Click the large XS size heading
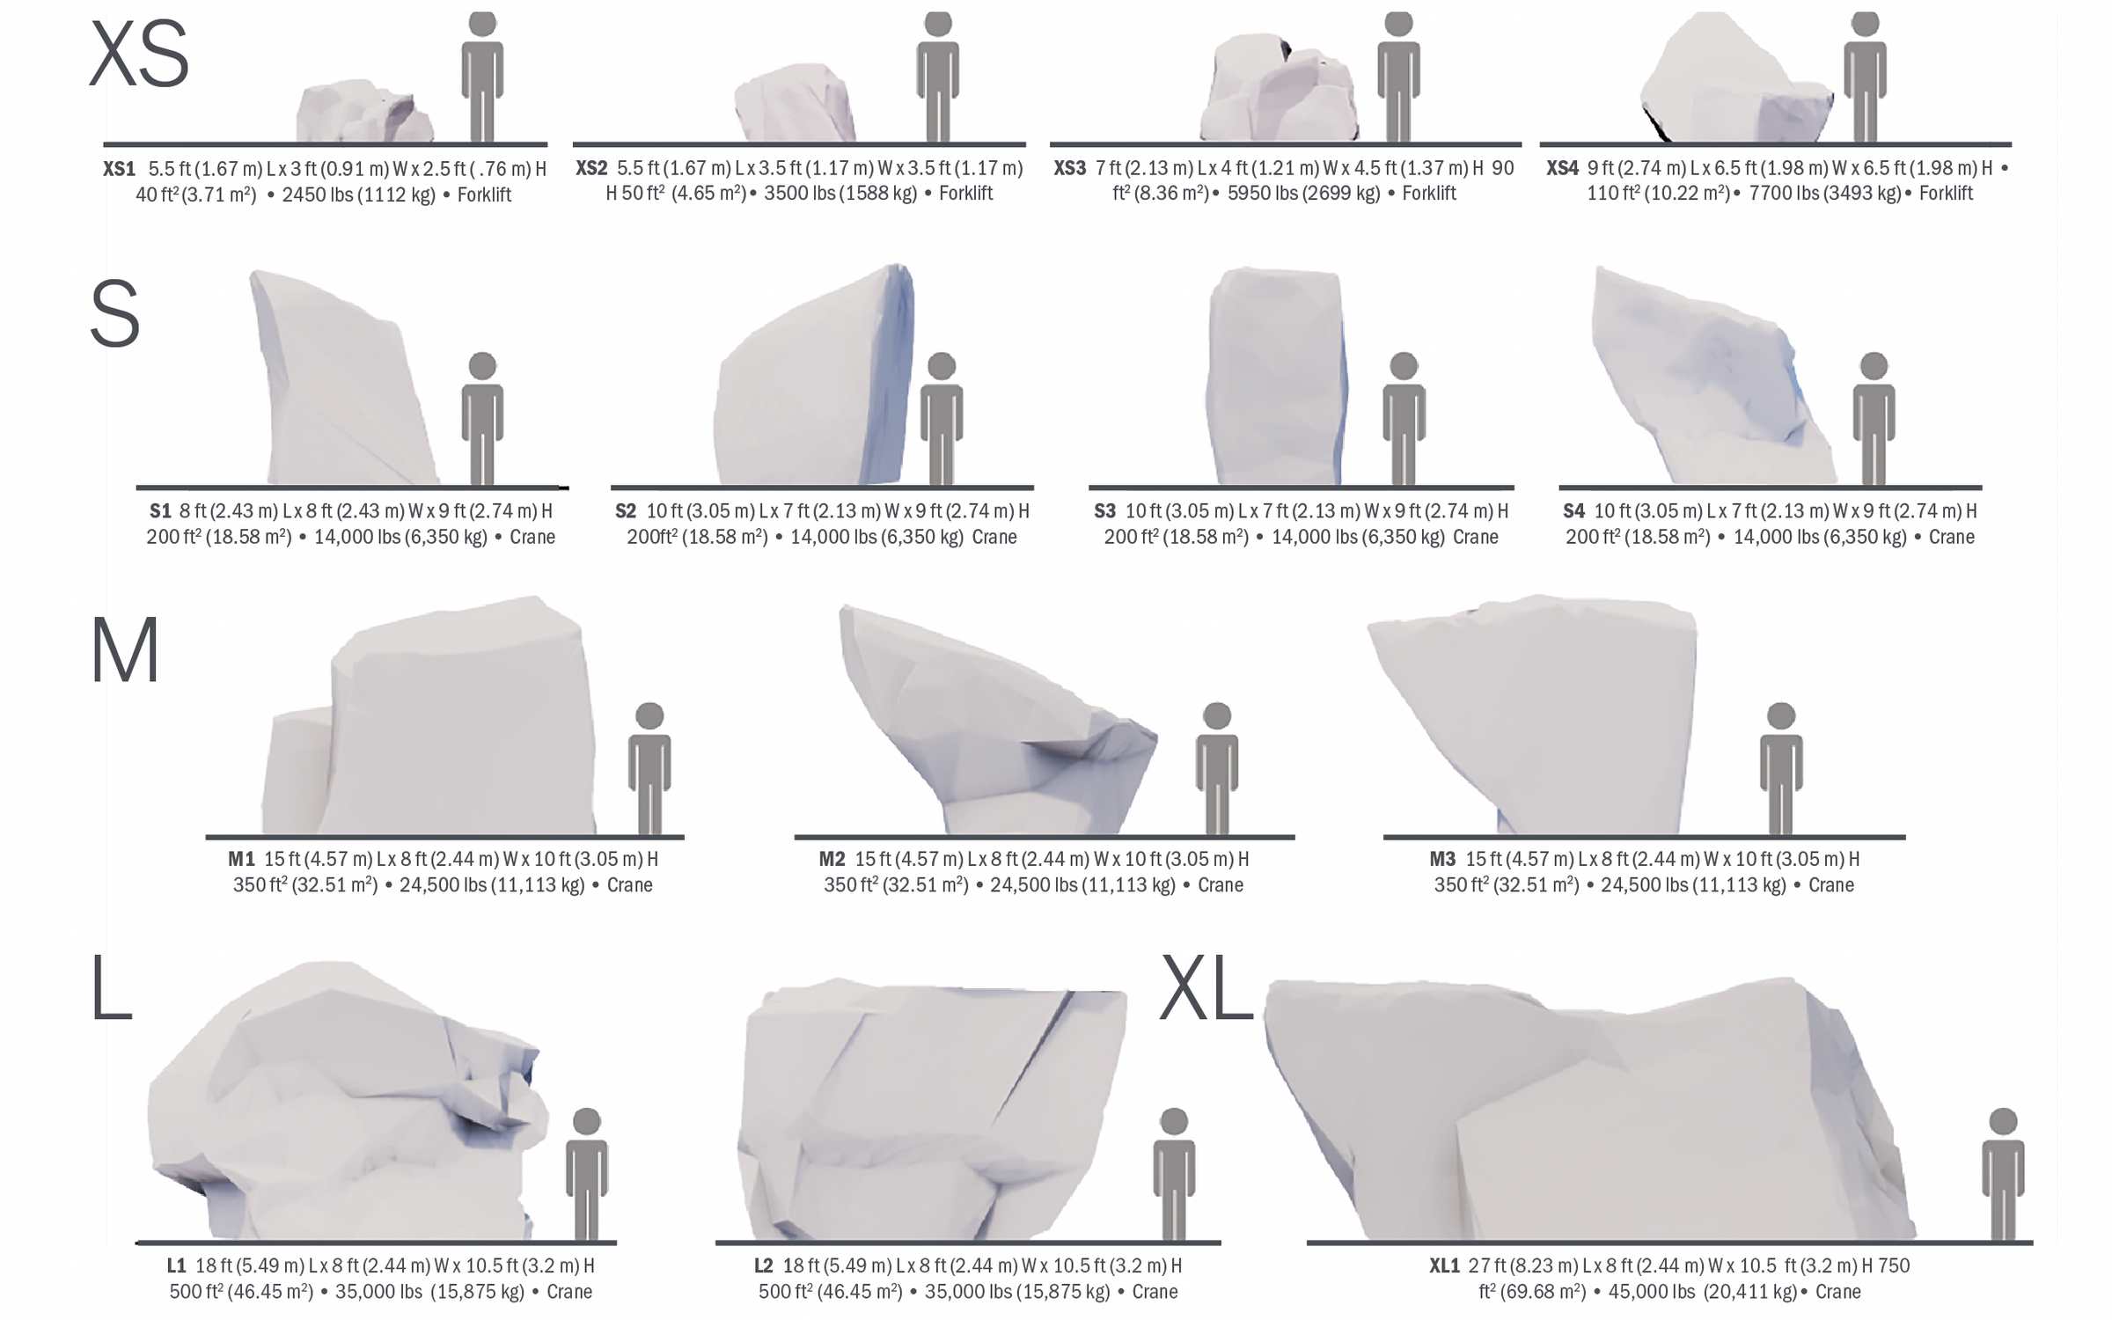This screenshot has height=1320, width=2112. [139, 55]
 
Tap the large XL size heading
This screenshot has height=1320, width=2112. [1206, 988]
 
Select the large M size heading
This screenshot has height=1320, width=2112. [125, 650]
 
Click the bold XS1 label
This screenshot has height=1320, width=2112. [120, 168]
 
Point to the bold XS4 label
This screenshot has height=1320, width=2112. [1563, 167]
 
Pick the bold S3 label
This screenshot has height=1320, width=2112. [1104, 510]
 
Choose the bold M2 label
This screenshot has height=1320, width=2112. [832, 858]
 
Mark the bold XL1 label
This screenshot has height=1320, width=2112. [1444, 1265]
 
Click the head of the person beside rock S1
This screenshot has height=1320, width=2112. [482, 366]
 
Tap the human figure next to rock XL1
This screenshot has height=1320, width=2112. [2003, 1174]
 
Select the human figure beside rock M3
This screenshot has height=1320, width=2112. [1781, 768]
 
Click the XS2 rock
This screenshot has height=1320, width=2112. [795, 103]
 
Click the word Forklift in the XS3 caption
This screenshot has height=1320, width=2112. [1429, 194]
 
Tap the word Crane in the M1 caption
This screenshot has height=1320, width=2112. [630, 884]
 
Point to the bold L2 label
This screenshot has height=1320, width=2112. [763, 1265]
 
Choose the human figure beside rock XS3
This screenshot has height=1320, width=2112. [1398, 77]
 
